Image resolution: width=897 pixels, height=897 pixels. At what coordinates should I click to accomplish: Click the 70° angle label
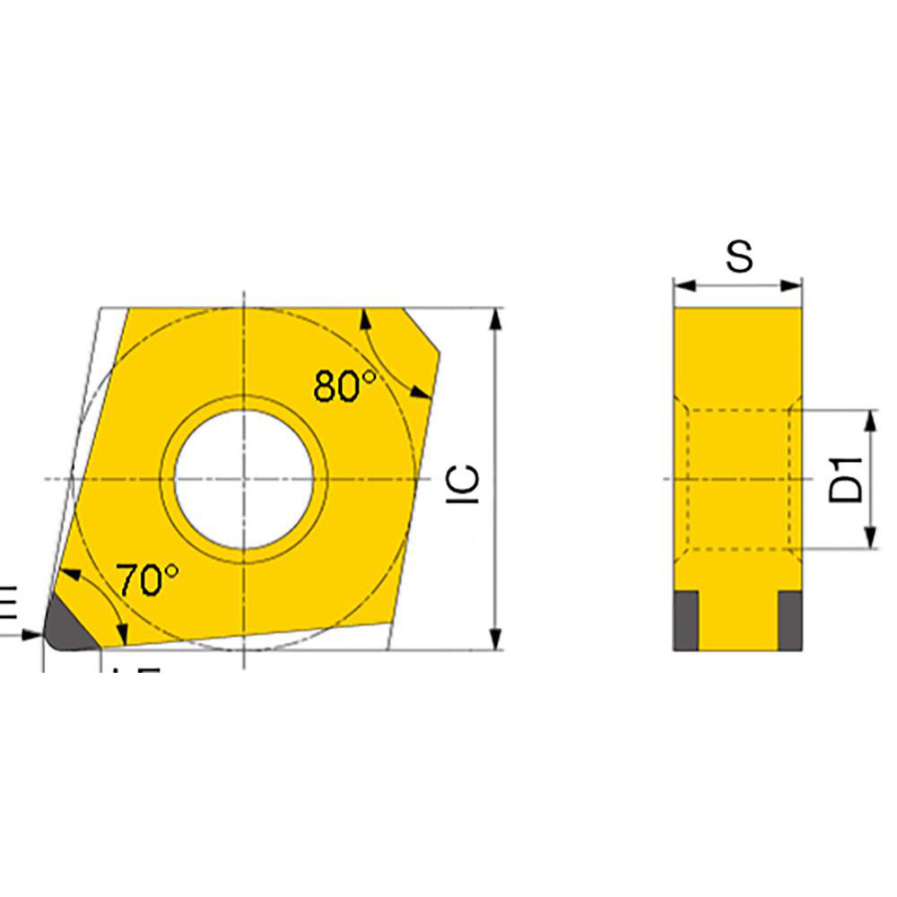pyautogui.click(x=148, y=580)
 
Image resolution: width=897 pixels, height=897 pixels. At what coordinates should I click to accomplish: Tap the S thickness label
pyautogui.click(x=739, y=257)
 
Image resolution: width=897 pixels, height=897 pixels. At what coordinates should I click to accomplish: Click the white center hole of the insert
pyautogui.click(x=244, y=478)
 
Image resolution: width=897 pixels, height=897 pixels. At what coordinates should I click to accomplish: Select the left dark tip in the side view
pyautogui.click(x=685, y=618)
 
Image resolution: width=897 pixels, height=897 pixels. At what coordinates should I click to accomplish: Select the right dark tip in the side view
pyautogui.click(x=789, y=618)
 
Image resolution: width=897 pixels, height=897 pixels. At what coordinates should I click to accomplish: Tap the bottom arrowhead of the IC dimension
pyautogui.click(x=494, y=640)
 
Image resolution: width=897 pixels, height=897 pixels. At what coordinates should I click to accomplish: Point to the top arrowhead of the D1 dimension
pyautogui.click(x=869, y=420)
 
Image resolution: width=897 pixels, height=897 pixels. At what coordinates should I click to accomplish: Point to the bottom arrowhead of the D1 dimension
pyautogui.click(x=869, y=538)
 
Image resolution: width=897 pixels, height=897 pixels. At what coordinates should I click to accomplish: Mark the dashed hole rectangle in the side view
pyautogui.click(x=738, y=478)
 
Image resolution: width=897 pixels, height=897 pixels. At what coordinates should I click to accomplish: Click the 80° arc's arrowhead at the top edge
pyautogui.click(x=364, y=316)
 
